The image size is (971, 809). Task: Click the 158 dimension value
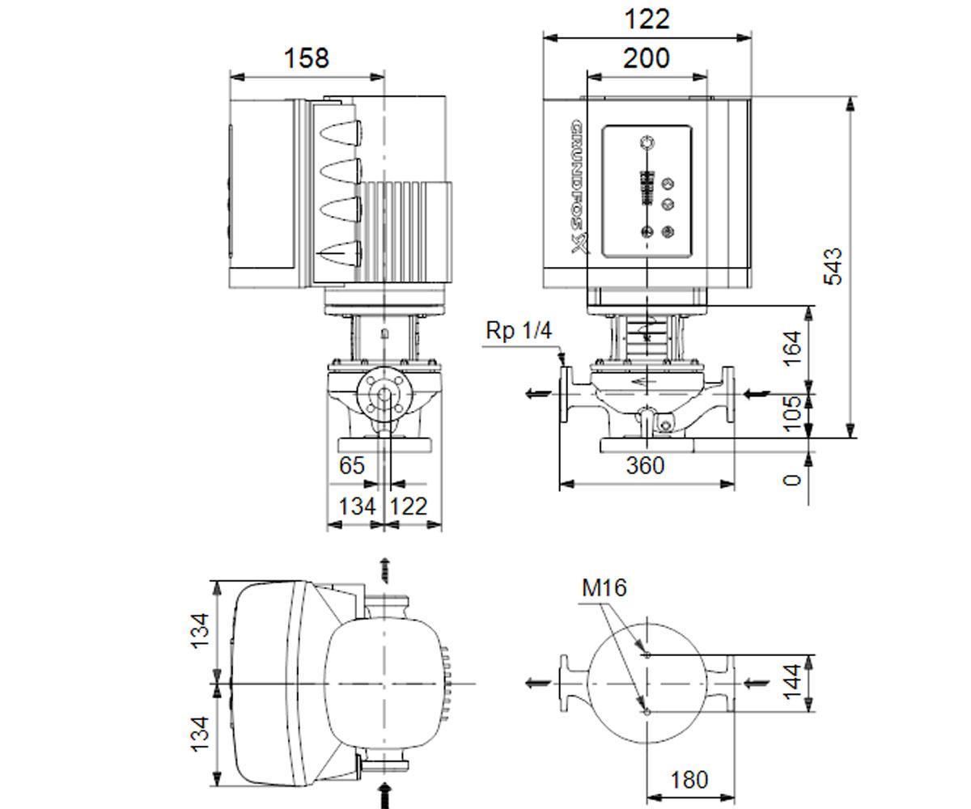click(306, 58)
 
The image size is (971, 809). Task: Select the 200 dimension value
click(647, 58)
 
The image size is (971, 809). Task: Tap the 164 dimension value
click(793, 349)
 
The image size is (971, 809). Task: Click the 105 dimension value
click(793, 414)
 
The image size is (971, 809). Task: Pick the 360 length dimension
click(646, 465)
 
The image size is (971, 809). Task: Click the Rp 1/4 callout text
click(519, 331)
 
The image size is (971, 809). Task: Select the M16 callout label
click(604, 587)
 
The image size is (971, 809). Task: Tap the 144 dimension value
click(792, 682)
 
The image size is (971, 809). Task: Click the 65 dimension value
click(351, 465)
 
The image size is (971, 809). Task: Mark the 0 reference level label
click(793, 480)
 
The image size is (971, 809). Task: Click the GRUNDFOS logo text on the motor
click(579, 186)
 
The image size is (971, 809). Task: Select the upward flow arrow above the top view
click(384, 570)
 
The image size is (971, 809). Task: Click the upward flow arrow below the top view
click(384, 795)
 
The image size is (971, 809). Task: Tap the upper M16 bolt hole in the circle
click(647, 654)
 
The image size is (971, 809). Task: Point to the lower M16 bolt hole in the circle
click(647, 712)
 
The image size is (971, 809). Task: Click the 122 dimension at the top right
click(647, 19)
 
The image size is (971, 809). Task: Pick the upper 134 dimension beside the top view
click(201, 631)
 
